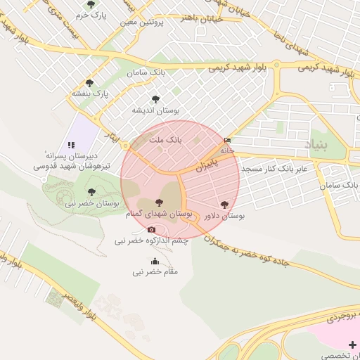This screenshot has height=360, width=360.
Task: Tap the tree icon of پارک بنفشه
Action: (x=89, y=82)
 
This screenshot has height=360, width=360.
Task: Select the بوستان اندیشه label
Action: (x=155, y=110)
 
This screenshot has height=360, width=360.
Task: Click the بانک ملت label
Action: (x=169, y=140)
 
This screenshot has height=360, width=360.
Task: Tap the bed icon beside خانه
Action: (x=226, y=141)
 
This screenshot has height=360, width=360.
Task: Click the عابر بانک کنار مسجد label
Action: (x=276, y=169)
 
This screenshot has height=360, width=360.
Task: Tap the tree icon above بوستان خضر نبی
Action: (x=91, y=191)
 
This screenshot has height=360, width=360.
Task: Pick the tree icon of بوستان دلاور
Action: (x=224, y=205)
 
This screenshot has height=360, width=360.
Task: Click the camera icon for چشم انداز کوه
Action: (x=151, y=229)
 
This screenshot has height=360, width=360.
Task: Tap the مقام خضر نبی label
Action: (x=155, y=271)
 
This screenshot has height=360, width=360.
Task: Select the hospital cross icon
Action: (x=352, y=344)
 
